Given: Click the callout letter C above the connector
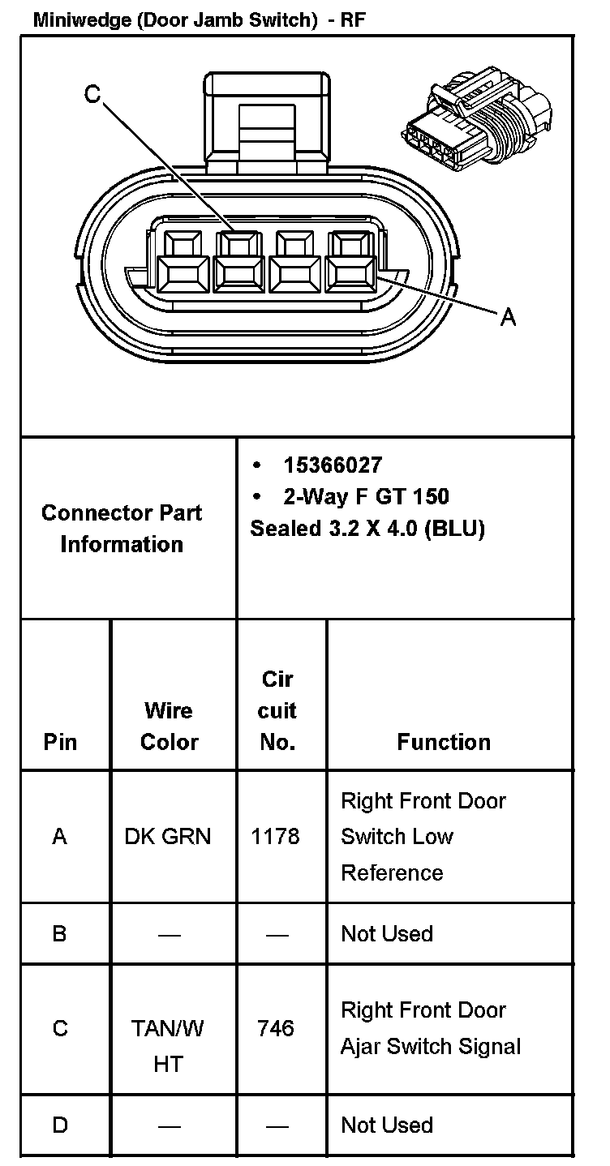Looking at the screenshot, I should [x=92, y=95].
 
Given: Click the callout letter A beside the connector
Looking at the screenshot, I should [x=508, y=317].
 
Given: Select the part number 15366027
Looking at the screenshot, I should [x=333, y=465].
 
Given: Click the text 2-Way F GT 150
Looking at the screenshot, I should [x=366, y=496].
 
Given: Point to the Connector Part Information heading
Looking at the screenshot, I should [x=122, y=529].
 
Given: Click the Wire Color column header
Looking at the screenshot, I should [x=169, y=727].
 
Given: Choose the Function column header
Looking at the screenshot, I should [x=444, y=742].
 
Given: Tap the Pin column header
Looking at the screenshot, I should [x=59, y=742].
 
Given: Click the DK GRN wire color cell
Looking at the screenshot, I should [x=168, y=836].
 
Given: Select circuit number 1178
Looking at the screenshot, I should [x=275, y=836].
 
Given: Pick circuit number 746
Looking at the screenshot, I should [x=275, y=1028].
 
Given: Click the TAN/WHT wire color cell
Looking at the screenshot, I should [x=168, y=1045].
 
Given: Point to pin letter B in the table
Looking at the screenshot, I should [x=59, y=933].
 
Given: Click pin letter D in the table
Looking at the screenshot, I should [x=59, y=1125].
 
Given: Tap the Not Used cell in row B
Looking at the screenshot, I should [x=387, y=933].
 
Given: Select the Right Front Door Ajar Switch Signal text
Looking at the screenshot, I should [x=430, y=1028].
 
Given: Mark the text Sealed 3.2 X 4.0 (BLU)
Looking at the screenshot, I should [x=367, y=529].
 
